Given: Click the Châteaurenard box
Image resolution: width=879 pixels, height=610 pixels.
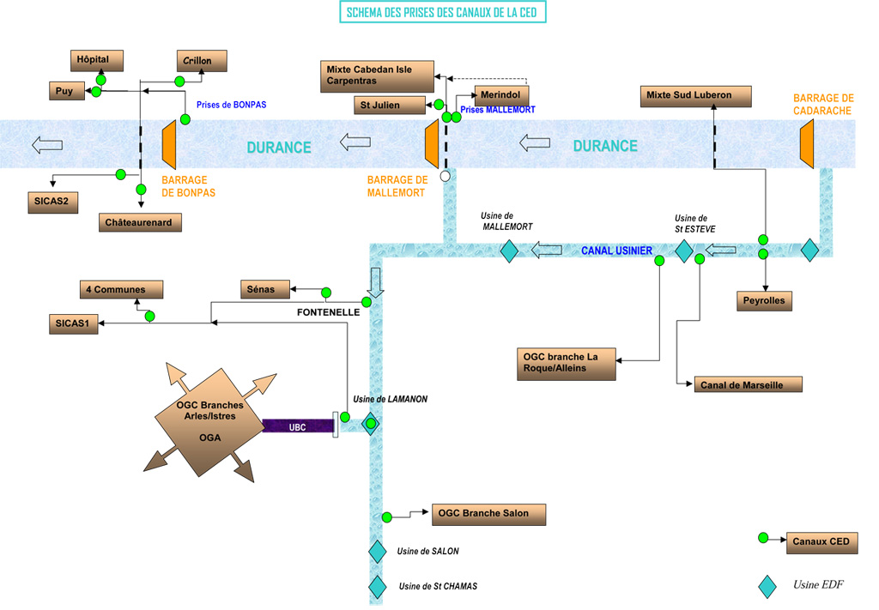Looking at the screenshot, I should [141, 222].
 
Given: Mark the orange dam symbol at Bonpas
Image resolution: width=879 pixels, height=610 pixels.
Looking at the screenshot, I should [169, 144].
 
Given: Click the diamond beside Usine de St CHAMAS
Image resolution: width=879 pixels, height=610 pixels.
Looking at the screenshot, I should [377, 587].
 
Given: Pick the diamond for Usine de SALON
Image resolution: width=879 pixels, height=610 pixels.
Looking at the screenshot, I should [377, 552].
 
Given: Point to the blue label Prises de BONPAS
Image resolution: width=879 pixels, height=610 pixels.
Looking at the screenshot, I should [231, 105].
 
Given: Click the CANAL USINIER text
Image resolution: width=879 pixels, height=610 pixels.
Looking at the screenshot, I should [616, 251].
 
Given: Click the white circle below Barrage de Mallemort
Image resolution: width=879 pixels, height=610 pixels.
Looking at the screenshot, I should [445, 176].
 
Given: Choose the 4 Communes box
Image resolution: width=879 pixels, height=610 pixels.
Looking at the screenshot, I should [120, 290].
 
